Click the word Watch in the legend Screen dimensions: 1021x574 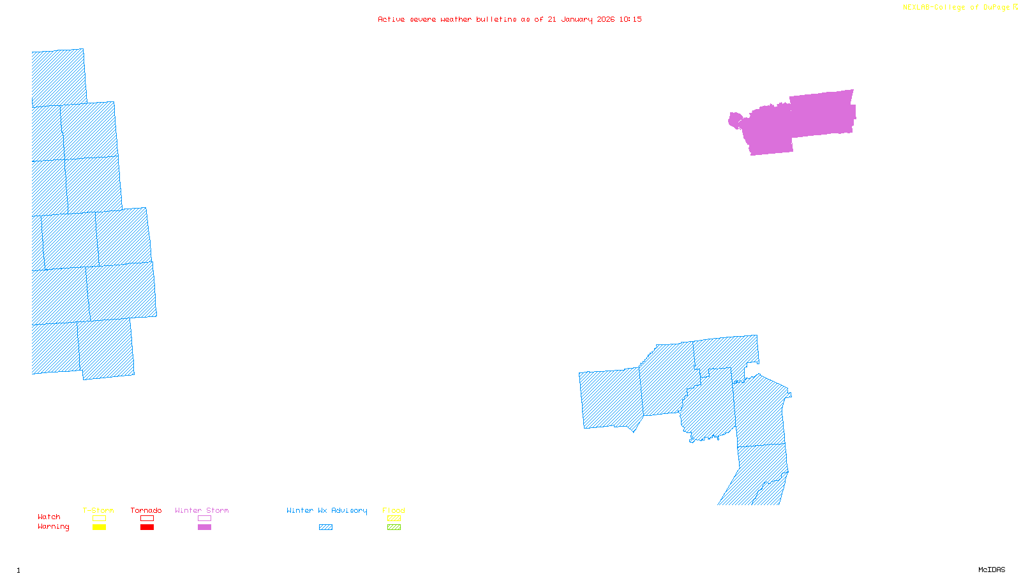tap(49, 517)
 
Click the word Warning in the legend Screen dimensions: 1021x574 tap(54, 527)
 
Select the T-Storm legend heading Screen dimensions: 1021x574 tap(98, 510)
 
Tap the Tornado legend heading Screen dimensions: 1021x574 tap(146, 510)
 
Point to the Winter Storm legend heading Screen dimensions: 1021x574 tap(202, 510)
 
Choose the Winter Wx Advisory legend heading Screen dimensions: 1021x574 tap(327, 510)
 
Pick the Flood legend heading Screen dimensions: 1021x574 tap(394, 510)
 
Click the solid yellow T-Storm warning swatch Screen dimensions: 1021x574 tap(99, 527)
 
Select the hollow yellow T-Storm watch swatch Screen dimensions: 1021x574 tap(99, 519)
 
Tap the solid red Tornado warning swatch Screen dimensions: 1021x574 tap(147, 527)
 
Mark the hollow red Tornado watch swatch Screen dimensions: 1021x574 tap(147, 519)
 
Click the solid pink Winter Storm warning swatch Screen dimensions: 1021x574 tap(204, 527)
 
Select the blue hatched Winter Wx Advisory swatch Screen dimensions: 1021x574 tap(325, 527)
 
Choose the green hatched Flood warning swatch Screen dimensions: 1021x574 tap(394, 527)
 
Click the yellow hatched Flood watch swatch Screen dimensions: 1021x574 tap(394, 519)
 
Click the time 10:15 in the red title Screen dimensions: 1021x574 tap(630, 19)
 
